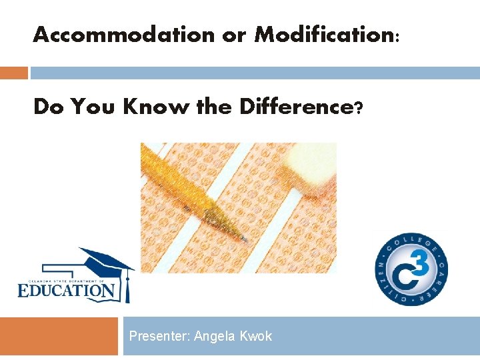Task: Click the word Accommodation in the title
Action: pyautogui.click(x=124, y=35)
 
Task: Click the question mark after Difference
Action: pyautogui.click(x=359, y=107)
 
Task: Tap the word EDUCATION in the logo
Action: pyautogui.click(x=67, y=290)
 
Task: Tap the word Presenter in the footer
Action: pyautogui.click(x=159, y=336)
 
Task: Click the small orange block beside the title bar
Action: pyautogui.click(x=13, y=73)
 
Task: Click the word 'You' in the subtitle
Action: pyautogui.click(x=95, y=107)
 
